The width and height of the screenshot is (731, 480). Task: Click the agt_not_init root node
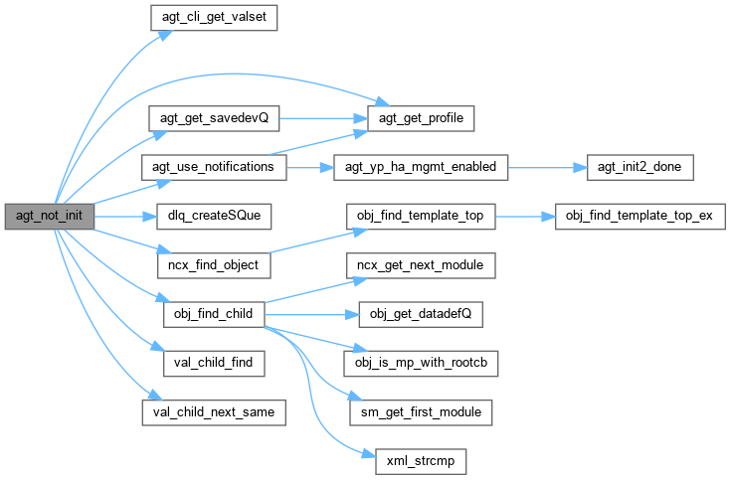pyautogui.click(x=49, y=216)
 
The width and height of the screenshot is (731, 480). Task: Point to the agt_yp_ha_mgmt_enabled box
pyautogui.click(x=421, y=166)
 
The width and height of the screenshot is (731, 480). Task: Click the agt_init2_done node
pyautogui.click(x=634, y=166)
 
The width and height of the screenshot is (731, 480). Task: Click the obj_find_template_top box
pyautogui.click(x=421, y=216)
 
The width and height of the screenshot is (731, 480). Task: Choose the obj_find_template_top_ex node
pyautogui.click(x=634, y=216)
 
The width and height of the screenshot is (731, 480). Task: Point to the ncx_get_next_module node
pyautogui.click(x=421, y=265)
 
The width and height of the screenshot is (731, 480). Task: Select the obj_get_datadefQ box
pyautogui.click(x=421, y=314)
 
